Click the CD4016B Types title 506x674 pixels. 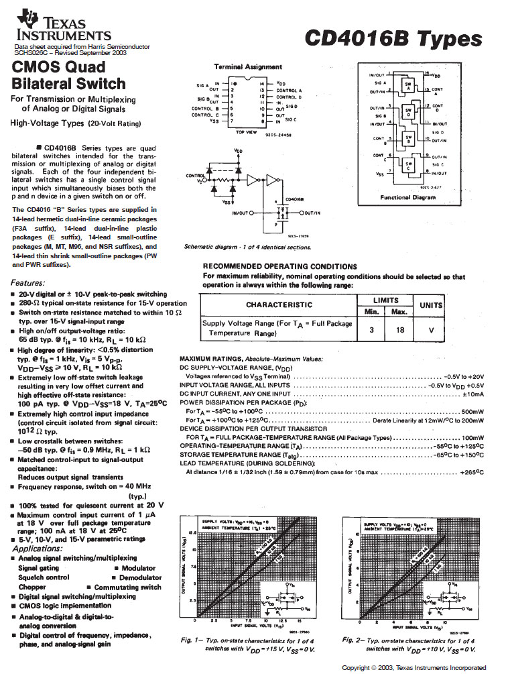coord(393,38)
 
